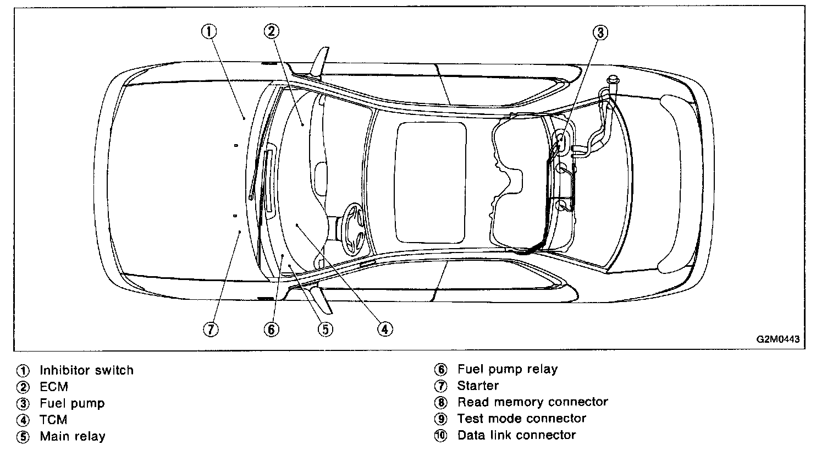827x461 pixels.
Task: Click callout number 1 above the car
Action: pyautogui.click(x=208, y=31)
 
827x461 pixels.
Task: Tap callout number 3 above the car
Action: pyautogui.click(x=600, y=32)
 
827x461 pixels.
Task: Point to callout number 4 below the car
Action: pyautogui.click(x=384, y=329)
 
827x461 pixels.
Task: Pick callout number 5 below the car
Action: pyautogui.click(x=325, y=329)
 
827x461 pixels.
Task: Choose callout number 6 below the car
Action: pyautogui.click(x=271, y=329)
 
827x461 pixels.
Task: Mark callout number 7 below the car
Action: pyautogui.click(x=211, y=329)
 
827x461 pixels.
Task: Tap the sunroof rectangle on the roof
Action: pyautogui.click(x=432, y=182)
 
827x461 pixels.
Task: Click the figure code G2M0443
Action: pyautogui.click(x=777, y=339)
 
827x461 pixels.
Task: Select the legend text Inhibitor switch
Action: pyautogui.click(x=86, y=370)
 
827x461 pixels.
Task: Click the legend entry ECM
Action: pyautogui.click(x=53, y=387)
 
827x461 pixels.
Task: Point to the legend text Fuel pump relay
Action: pyautogui.click(x=507, y=370)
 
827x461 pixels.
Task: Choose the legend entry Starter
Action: pyautogui.click(x=478, y=386)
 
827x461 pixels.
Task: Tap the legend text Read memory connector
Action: pyautogui.click(x=532, y=402)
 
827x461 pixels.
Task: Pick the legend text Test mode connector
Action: pyautogui.click(x=522, y=419)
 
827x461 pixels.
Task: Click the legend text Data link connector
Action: pyautogui.click(x=516, y=435)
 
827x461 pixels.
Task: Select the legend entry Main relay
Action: pyautogui.click(x=72, y=437)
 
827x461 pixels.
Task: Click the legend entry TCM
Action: pyautogui.click(x=53, y=420)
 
